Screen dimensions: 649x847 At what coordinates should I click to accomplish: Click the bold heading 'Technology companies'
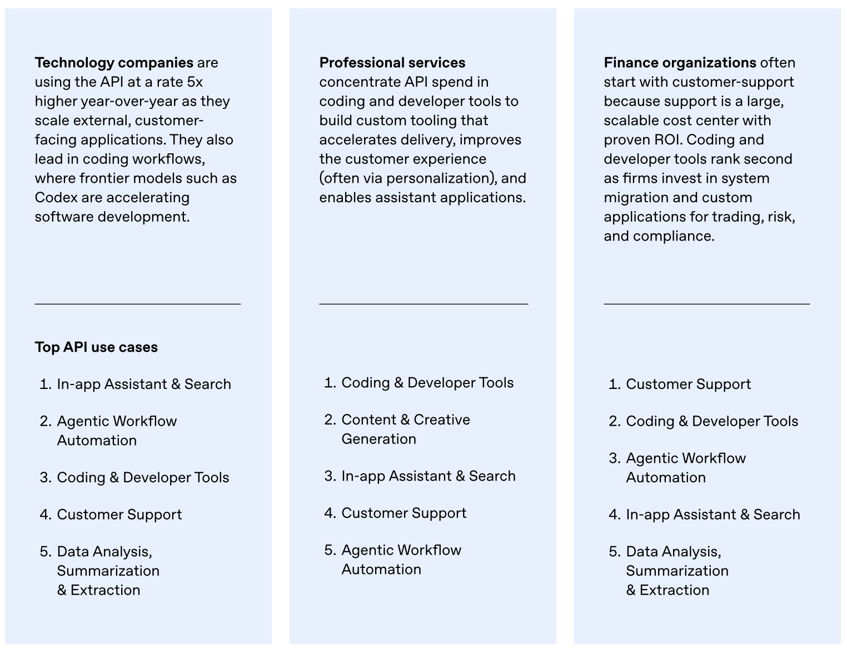(x=114, y=63)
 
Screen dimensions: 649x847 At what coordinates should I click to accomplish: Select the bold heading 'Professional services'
(x=392, y=63)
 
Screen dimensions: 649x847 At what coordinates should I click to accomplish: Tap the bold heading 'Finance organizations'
(x=680, y=63)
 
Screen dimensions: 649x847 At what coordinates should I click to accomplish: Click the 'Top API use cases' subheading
(x=96, y=347)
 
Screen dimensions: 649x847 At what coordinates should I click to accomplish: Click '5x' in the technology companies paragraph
(x=195, y=82)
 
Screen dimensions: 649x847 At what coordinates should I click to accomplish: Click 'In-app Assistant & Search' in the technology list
(x=143, y=384)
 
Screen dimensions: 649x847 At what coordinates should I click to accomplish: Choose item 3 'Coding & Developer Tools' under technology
(x=143, y=477)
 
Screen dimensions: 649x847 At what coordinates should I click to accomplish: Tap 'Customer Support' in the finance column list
(x=688, y=384)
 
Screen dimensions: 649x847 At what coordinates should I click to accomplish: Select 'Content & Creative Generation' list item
(x=405, y=429)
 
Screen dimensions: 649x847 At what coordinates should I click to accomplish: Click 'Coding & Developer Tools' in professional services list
(x=427, y=383)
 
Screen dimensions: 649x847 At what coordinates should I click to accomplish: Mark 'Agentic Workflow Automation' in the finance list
(x=685, y=467)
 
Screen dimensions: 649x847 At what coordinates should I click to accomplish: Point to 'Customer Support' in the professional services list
(x=403, y=513)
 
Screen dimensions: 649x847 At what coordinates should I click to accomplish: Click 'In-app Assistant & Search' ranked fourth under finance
(x=713, y=515)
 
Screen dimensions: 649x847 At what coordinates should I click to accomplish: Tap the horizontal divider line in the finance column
(x=706, y=304)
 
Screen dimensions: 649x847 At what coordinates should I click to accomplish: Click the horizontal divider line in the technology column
(x=137, y=304)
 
